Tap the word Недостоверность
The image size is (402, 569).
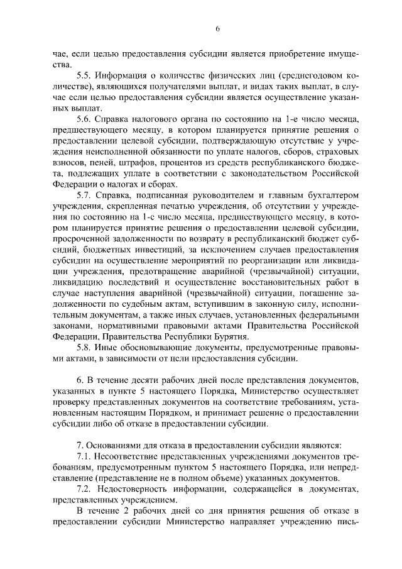(x=139, y=488)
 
